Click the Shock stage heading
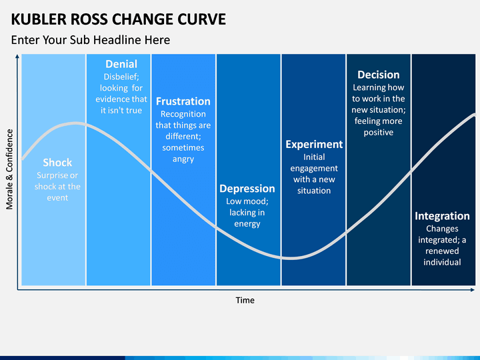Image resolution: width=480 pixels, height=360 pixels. (x=57, y=162)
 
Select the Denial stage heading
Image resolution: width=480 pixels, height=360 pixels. (x=121, y=64)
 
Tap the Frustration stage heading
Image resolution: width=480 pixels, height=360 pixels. (x=183, y=101)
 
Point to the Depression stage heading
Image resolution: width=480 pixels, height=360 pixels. (x=247, y=189)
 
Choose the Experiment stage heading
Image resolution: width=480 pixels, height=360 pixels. (x=314, y=145)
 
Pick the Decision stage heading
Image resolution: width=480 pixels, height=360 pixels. (x=379, y=75)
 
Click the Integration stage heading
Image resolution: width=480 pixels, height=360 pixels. (x=442, y=216)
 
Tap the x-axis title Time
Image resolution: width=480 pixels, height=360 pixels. (x=245, y=300)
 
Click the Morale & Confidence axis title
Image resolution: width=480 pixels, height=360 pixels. (x=9, y=169)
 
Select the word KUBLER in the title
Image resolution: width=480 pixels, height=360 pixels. (x=38, y=19)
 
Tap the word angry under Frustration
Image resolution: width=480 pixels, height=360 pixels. (x=183, y=159)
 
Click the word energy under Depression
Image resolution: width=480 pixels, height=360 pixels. (x=247, y=224)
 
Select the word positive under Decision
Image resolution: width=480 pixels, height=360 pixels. (x=379, y=133)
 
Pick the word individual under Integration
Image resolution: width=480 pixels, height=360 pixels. (x=442, y=262)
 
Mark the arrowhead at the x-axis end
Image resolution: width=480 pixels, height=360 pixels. (x=473, y=289)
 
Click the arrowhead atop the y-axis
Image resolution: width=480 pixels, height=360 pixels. (x=17, y=56)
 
